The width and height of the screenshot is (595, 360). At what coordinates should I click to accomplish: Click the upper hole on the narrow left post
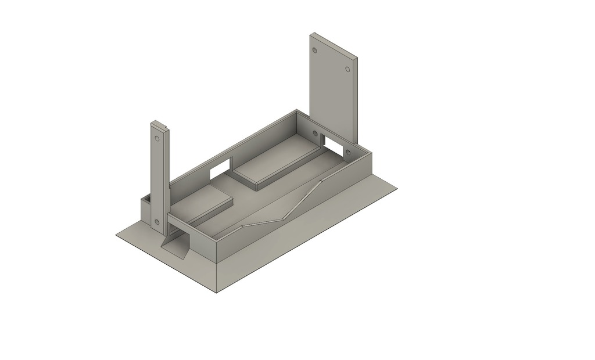157,139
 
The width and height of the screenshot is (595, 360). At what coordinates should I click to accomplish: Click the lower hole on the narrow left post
156,221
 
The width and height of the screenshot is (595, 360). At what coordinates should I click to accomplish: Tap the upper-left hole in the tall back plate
315,50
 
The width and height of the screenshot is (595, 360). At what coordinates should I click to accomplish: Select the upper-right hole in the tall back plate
347,69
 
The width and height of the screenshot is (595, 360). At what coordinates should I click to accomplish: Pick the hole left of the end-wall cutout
315,134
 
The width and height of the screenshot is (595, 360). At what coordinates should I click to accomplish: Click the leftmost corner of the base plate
116,236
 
